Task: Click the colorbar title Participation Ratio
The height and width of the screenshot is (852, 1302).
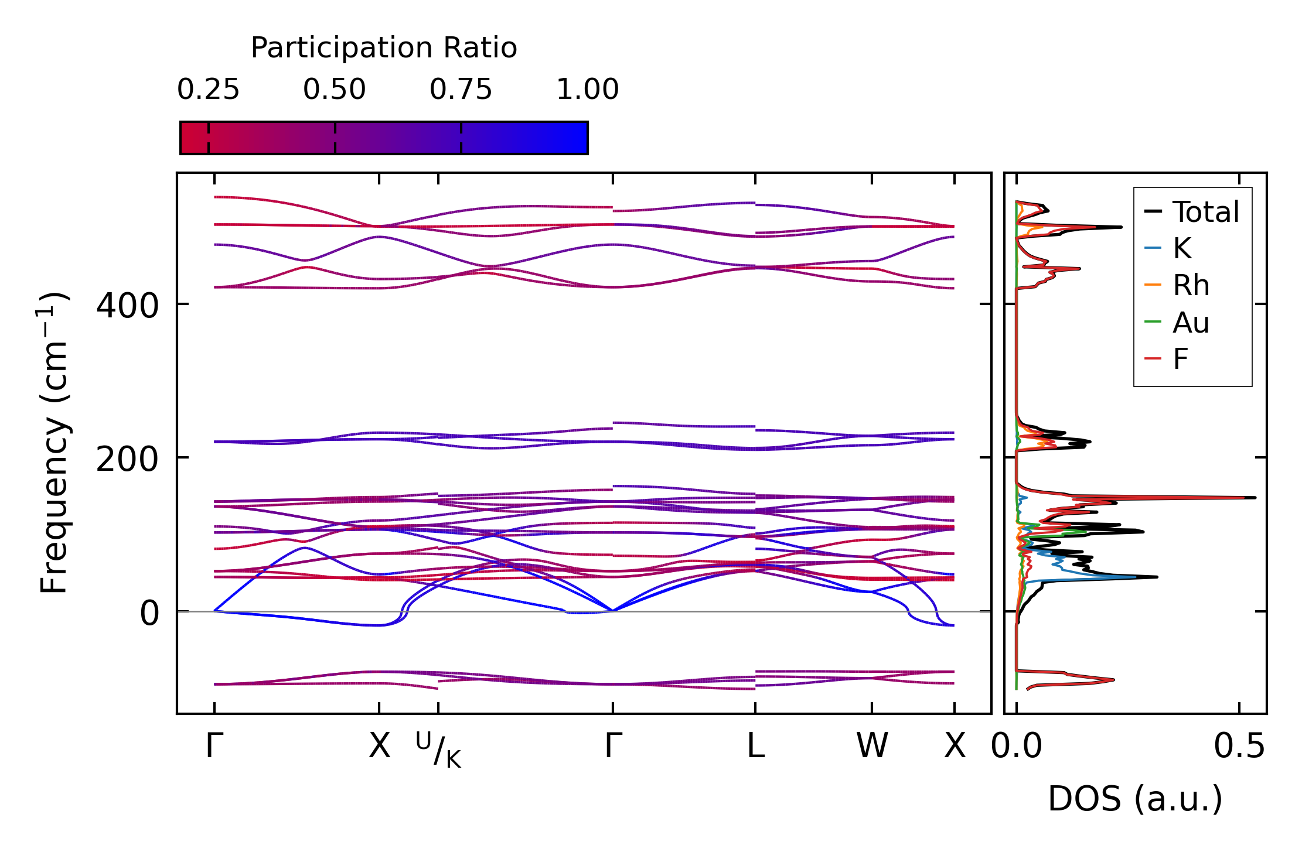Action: [384, 48]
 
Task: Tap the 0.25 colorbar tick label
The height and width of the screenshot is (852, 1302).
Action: [208, 90]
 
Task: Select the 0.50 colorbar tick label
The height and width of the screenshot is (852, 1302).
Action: [335, 90]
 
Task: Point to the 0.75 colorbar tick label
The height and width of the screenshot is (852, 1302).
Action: [461, 90]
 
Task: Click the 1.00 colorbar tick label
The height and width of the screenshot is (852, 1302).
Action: [588, 90]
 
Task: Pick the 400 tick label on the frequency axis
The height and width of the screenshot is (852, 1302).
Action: [127, 306]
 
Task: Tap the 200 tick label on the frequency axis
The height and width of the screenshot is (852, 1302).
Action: [127, 460]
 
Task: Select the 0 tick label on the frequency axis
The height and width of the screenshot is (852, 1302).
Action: [149, 613]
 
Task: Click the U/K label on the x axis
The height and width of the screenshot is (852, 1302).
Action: [439, 750]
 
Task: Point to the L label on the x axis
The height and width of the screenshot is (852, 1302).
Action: [756, 747]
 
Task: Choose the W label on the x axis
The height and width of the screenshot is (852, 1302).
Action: [872, 747]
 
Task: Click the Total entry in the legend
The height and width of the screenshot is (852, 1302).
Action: [1192, 211]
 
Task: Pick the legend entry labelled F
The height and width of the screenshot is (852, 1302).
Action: [1166, 358]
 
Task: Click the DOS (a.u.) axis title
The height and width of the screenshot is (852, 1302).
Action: [1135, 799]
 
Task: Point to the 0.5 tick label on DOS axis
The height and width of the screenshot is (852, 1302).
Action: [1239, 747]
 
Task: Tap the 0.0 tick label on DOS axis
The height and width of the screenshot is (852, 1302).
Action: [1017, 747]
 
